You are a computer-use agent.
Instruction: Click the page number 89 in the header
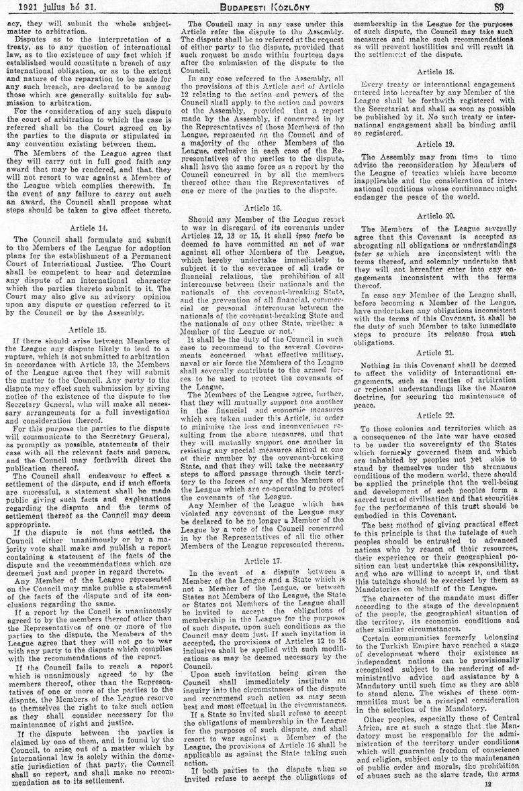(498, 8)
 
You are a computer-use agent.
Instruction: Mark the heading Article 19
(435, 143)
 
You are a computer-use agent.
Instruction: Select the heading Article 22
(435, 416)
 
